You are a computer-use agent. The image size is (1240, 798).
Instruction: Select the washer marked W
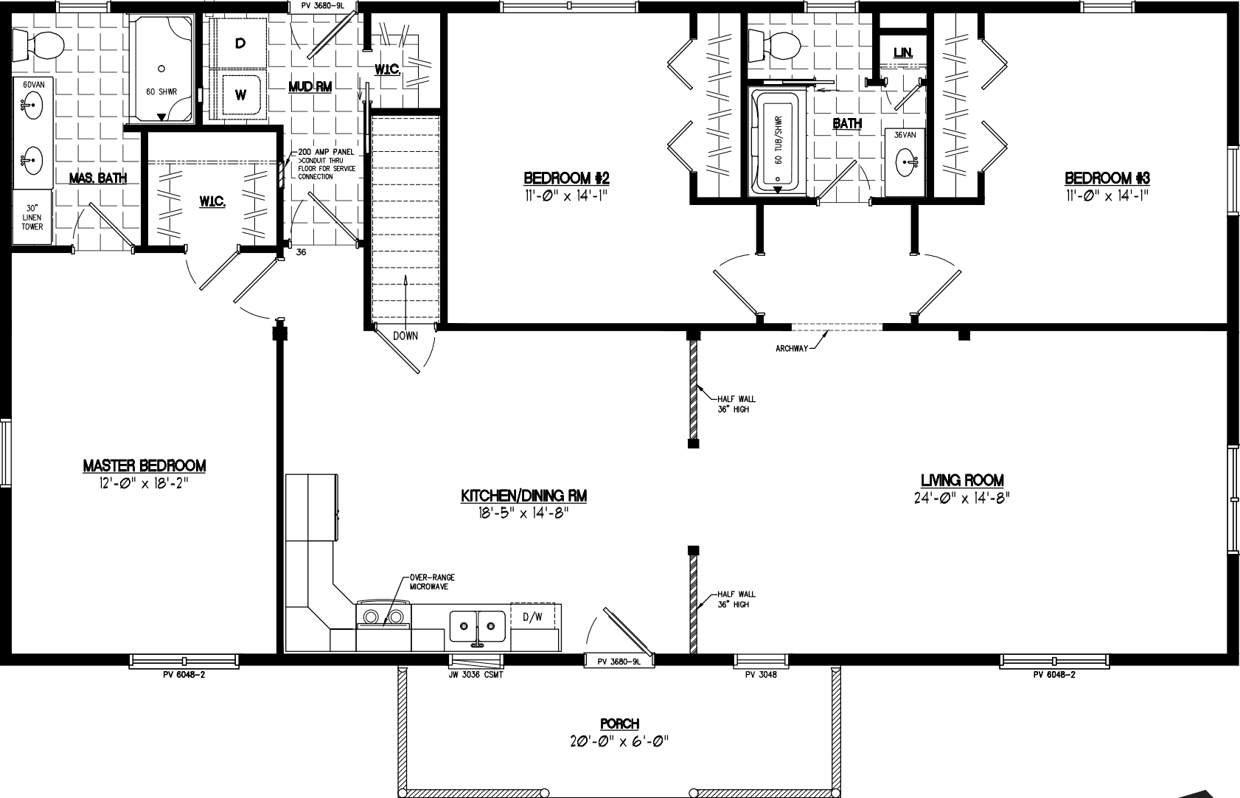point(240,94)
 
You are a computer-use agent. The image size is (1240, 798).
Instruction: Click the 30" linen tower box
point(32,217)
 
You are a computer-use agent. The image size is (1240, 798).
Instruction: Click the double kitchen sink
point(477,625)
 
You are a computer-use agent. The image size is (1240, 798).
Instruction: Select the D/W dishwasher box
point(532,617)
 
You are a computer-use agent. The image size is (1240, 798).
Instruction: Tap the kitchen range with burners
point(383,617)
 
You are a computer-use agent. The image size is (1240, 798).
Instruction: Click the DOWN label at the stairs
point(405,336)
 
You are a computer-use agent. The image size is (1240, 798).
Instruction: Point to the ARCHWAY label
point(791,349)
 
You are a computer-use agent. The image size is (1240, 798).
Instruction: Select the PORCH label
point(619,724)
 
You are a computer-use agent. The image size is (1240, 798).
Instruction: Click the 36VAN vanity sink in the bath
point(905,162)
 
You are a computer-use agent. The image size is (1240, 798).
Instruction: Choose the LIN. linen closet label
point(902,53)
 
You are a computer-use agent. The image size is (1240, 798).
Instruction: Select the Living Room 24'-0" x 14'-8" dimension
point(961,497)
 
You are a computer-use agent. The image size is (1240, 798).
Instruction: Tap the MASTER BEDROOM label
point(144,465)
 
